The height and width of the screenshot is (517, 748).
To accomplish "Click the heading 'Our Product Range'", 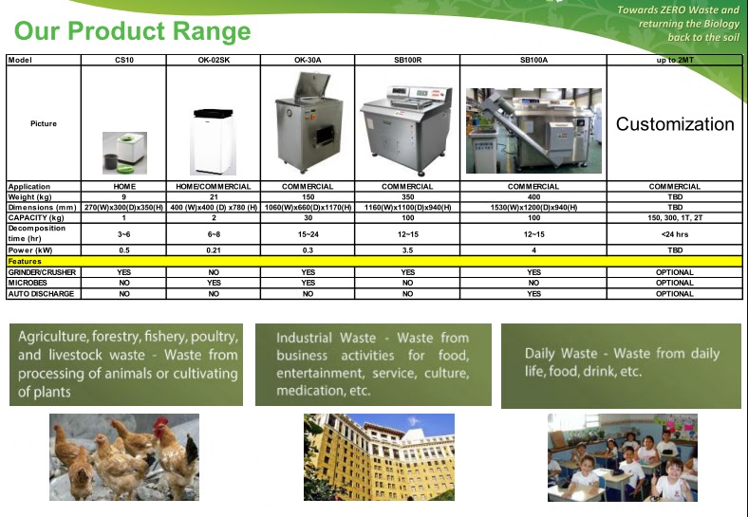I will (x=133, y=31).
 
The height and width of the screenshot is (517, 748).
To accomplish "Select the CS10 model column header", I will (x=123, y=60).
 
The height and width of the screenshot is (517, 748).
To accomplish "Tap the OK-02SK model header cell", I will (x=214, y=60).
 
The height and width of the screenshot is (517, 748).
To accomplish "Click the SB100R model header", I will (x=408, y=60).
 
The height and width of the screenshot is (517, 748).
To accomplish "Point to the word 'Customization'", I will (x=675, y=124).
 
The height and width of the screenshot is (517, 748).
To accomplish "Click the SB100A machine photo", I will (x=534, y=123).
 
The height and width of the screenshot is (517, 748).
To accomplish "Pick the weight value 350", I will (x=408, y=197).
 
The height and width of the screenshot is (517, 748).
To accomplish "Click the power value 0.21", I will (x=214, y=250).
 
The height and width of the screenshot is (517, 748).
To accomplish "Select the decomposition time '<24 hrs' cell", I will (x=675, y=233).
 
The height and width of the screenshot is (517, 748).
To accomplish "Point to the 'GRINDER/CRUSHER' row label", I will (x=42, y=272).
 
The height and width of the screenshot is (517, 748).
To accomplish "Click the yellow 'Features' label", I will (x=25, y=261).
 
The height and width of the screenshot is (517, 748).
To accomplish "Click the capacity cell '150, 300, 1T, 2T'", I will (x=675, y=217).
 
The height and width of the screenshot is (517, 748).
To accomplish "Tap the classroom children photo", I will (x=622, y=457).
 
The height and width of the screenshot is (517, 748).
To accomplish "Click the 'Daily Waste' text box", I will (x=622, y=362).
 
